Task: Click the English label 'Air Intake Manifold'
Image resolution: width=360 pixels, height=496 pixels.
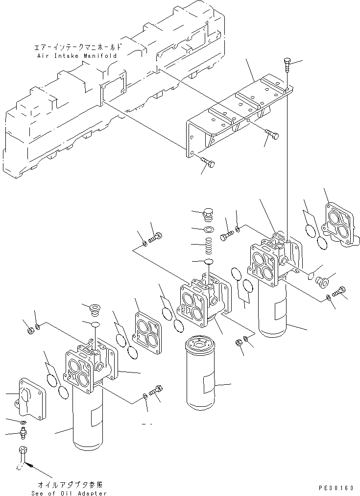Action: pos(77,56)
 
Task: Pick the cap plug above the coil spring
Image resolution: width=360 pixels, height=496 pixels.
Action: pos(208,215)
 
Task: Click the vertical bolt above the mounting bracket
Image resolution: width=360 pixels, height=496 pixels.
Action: pos(288,65)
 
